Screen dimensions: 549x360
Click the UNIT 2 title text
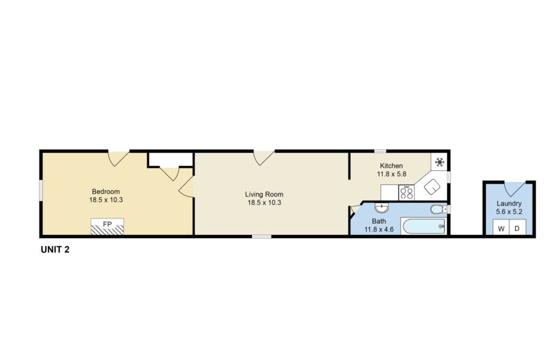click(55, 249)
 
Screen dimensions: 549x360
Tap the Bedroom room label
click(106, 191)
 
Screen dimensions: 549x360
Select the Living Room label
click(264, 194)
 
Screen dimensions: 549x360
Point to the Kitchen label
click(391, 166)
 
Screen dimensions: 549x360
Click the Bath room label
click(379, 221)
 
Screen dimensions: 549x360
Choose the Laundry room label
click(509, 203)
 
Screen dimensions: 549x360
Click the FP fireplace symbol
click(107, 227)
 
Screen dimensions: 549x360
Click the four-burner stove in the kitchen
click(407, 192)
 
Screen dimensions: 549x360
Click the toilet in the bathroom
click(438, 209)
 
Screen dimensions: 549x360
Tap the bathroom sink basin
click(381, 208)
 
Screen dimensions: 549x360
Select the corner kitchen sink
click(432, 187)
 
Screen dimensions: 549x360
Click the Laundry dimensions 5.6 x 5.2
click(509, 211)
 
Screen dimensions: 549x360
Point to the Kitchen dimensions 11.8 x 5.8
click(391, 174)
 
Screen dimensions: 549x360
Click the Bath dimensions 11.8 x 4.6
click(379, 230)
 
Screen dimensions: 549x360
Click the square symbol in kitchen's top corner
click(440, 162)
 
